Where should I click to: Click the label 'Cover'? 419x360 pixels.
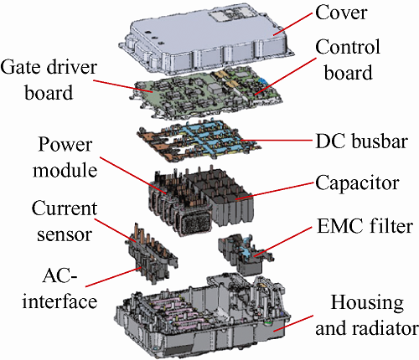coord(341,13)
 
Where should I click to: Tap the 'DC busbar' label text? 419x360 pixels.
coord(361,141)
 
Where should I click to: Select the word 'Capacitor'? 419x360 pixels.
coord(357,183)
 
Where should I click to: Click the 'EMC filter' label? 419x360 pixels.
coord(365,226)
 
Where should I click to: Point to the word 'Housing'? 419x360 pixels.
coord(367,303)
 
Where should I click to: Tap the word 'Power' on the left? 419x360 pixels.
coord(65,145)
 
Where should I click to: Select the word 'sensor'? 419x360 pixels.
coord(65,235)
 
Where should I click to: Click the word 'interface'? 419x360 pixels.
coord(59,301)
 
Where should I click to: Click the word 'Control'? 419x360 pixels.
coord(348,47)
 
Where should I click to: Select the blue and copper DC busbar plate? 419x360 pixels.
coord(199,140)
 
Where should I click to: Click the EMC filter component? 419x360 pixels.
coord(245,254)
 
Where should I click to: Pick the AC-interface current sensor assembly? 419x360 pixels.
coord(151,254)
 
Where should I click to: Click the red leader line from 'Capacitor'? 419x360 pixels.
coord(275,191)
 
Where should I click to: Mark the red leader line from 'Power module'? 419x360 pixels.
coord(133,175)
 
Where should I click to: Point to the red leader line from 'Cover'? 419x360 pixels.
coord(292,23)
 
